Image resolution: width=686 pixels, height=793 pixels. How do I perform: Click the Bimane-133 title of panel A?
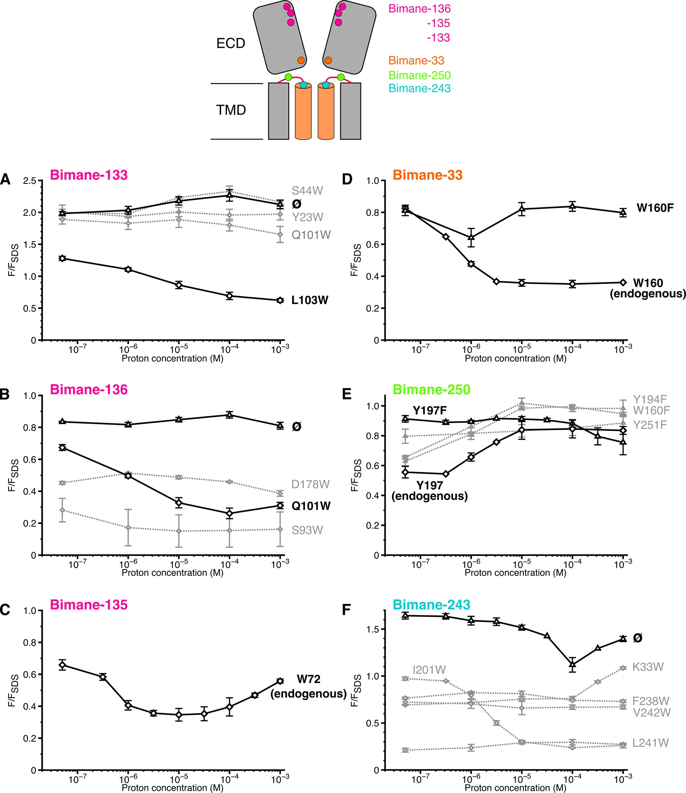coord(88,175)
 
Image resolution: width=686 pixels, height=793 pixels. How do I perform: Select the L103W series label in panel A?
coord(310,300)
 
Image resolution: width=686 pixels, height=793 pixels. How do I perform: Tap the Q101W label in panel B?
coord(311,506)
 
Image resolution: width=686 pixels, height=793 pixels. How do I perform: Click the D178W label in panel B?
coord(310,485)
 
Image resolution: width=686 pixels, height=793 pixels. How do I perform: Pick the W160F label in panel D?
coord(655,208)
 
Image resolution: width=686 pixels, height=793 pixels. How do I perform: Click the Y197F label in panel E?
coord(429,410)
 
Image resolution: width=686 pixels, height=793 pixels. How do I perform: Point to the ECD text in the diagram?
coord(230,43)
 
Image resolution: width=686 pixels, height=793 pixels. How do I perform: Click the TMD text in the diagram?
coord(231,110)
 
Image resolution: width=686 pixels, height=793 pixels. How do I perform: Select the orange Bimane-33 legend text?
coord(416,60)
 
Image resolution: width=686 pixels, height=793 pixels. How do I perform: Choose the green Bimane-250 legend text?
coord(419,75)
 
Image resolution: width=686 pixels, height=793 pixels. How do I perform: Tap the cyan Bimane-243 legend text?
coord(419,88)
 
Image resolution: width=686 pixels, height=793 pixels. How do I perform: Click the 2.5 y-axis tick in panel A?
coord(30,181)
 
